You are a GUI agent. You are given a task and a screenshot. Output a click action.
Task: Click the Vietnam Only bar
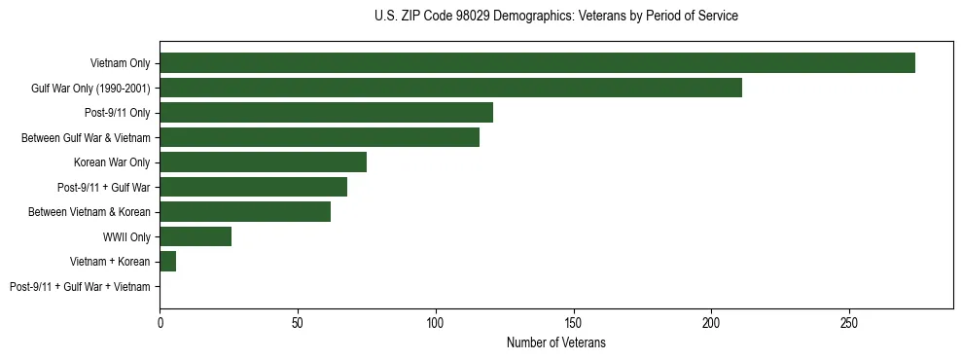tap(537, 63)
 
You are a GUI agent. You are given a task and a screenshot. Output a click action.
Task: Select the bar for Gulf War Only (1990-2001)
tap(450, 89)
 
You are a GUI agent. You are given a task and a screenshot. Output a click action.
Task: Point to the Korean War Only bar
tap(263, 162)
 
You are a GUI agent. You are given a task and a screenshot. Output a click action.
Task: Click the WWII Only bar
tap(196, 236)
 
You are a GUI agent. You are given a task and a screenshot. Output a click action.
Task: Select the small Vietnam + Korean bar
tap(167, 262)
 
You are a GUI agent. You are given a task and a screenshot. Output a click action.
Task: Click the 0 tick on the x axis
tap(160, 321)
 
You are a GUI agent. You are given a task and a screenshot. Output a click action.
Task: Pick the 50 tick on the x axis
tap(298, 321)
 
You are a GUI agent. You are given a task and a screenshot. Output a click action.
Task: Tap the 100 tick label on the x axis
tap(435, 321)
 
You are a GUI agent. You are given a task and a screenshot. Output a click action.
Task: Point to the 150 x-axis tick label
tap(573, 321)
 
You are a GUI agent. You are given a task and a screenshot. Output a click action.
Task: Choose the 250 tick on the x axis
tap(849, 321)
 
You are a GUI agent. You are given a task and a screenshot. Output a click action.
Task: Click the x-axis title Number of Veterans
tap(556, 342)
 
